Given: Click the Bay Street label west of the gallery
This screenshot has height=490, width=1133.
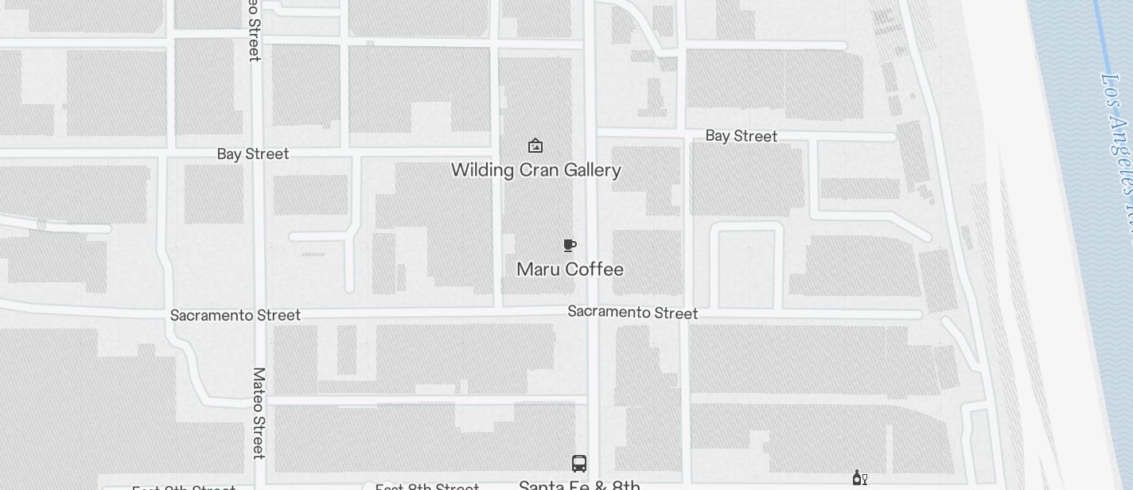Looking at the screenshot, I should point(252,154).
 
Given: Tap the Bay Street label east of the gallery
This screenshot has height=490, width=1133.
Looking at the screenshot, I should point(741,136).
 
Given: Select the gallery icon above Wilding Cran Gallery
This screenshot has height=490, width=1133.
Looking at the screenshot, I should point(535,146).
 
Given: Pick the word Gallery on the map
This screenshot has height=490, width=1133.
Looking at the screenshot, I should point(594,170).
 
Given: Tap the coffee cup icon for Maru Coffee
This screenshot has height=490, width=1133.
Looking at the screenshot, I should point(570,245).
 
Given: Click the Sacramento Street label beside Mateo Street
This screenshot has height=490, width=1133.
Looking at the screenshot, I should point(236,316).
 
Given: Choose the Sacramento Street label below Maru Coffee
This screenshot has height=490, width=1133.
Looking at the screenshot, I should point(633,313).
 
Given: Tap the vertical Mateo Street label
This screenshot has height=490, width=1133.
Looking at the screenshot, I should point(259,413).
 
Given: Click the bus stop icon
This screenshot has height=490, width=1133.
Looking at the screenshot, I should point(579,464).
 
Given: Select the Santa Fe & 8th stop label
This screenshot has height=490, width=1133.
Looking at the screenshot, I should point(579,484).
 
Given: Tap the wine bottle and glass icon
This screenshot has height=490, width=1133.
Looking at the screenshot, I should point(859,477).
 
